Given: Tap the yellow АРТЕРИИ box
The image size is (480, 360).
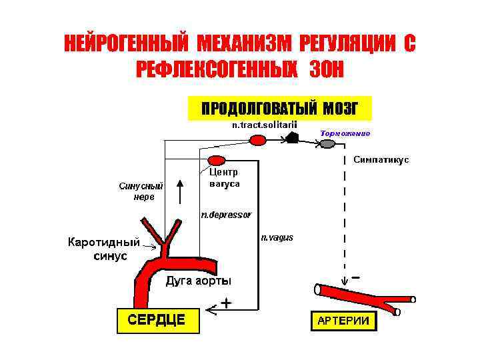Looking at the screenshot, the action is coord(343,321).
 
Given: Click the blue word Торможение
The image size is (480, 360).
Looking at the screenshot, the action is coord(345,133).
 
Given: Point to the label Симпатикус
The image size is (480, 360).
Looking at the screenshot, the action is coord(381,160).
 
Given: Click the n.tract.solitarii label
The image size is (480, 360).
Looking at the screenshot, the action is coord(264,125).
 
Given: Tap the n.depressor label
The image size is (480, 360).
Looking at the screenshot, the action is coord(226,215).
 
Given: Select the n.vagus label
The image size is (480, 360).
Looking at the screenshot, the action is coord(277,237).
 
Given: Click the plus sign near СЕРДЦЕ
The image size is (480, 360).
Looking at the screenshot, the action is coord(226,303).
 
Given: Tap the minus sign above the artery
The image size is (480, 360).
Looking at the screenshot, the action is coord(357,277).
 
